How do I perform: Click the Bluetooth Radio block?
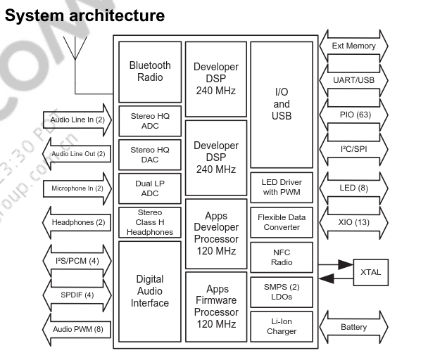coord(150,72)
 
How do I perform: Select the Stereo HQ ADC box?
coord(150,121)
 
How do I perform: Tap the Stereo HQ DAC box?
coord(150,155)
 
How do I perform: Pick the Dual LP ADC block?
coord(150,188)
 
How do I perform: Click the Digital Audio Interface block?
coord(150,291)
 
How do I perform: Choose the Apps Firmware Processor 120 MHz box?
coord(216,307)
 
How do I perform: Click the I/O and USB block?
coord(282,104)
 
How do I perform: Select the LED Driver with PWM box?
coord(282,188)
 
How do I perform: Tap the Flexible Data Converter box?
coord(282,222)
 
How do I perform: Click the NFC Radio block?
coord(282,257)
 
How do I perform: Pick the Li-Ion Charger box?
coord(282,326)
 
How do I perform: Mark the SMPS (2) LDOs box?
coord(282,292)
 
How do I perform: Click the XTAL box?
coord(370,272)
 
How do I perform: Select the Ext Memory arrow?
coord(353,46)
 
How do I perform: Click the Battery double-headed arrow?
coord(353,327)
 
